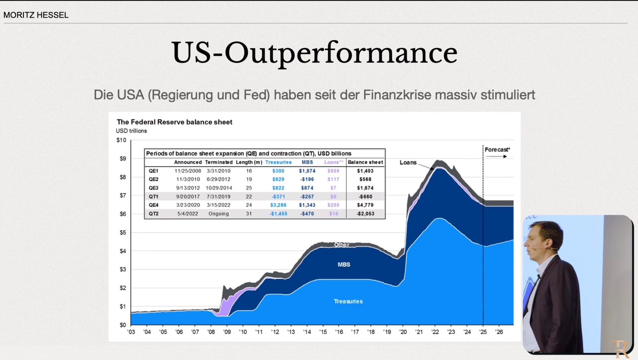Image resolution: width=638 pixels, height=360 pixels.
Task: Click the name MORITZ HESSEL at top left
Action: click(x=36, y=15)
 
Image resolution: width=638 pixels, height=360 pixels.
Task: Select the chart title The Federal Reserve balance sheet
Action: click(x=174, y=122)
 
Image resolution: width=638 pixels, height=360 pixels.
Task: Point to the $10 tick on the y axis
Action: click(x=121, y=140)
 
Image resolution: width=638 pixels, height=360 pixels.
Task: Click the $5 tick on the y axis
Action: click(x=123, y=233)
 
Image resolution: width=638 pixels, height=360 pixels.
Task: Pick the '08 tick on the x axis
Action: click(x=211, y=332)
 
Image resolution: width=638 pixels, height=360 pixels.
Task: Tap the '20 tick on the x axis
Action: click(x=403, y=332)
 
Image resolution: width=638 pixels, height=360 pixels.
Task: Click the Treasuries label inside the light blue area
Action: click(x=348, y=301)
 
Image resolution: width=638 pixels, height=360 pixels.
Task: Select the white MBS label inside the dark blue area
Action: click(x=344, y=265)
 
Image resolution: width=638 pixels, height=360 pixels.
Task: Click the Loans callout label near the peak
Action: click(x=408, y=163)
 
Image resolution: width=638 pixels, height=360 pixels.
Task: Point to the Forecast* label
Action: click(x=497, y=150)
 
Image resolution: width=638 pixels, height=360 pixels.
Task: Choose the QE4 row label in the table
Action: click(x=154, y=205)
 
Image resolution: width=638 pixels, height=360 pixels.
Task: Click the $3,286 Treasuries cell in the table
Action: click(x=278, y=205)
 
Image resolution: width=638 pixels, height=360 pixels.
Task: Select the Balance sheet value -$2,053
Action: click(x=365, y=214)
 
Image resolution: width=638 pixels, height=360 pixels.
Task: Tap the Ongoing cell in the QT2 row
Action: click(x=218, y=214)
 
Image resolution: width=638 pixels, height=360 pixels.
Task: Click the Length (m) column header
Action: click(x=249, y=162)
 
